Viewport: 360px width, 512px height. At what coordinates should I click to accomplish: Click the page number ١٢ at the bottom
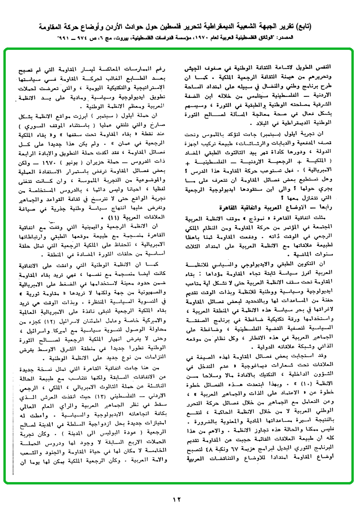coord(177,499)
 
